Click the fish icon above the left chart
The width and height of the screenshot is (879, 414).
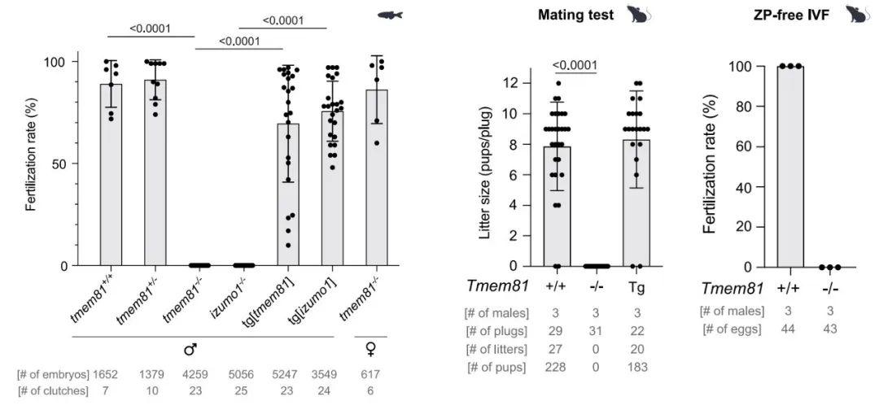click(x=391, y=15)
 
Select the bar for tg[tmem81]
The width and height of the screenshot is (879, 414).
click(x=287, y=195)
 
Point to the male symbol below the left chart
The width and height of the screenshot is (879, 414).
click(x=190, y=350)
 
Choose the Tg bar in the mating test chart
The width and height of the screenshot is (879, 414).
click(x=637, y=203)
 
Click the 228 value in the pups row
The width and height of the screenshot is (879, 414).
click(x=558, y=367)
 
